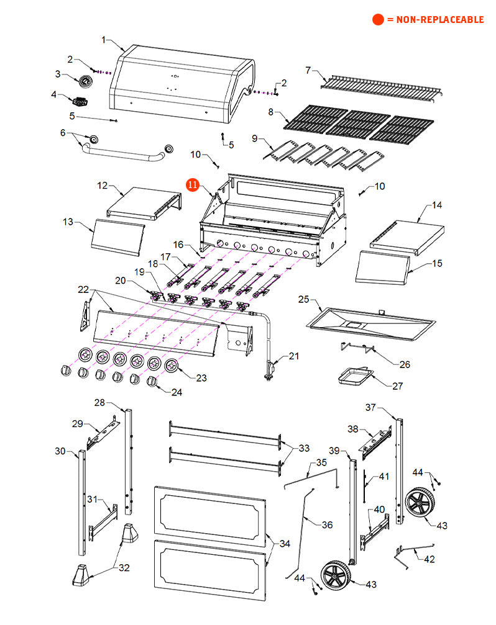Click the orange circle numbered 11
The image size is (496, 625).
pos(193,184)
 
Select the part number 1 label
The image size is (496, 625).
pos(104,40)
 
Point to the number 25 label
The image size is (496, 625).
pos(303,299)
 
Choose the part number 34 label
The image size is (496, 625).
pos(284,544)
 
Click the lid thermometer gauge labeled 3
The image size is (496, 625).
pos(84,81)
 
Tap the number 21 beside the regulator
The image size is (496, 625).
pos(293,356)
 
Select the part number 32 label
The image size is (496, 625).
pos(124,567)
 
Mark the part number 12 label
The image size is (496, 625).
pos(103,185)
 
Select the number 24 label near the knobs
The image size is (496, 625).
pos(177,392)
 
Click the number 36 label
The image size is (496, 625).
pos(327,524)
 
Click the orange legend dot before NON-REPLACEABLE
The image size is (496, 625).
pos(379,20)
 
